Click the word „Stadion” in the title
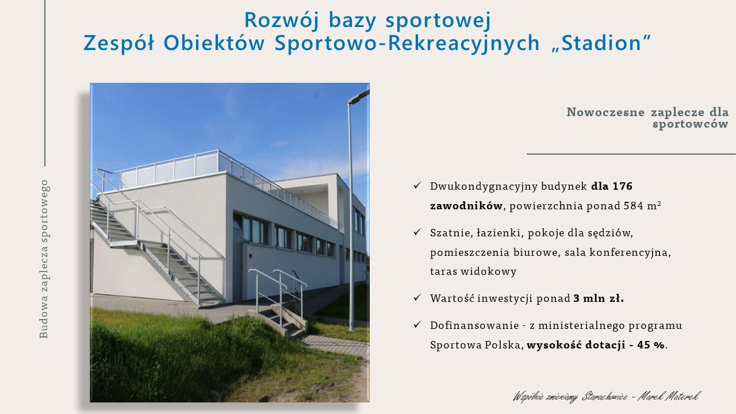coord(601,43)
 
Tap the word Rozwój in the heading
coord(282,20)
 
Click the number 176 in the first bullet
coord(623,186)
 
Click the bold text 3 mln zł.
coord(599,298)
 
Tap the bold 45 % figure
coord(650,345)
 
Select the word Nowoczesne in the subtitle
coord(605,112)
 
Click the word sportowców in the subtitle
coord(691,124)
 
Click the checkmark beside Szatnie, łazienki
coord(417,232)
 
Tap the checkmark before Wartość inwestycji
coord(417,298)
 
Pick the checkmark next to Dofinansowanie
coord(417,325)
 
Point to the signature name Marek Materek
coord(669,396)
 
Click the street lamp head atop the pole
coord(359,96)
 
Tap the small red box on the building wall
coord(251,255)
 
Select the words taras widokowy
coord(473,272)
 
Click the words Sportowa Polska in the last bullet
coord(476,345)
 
